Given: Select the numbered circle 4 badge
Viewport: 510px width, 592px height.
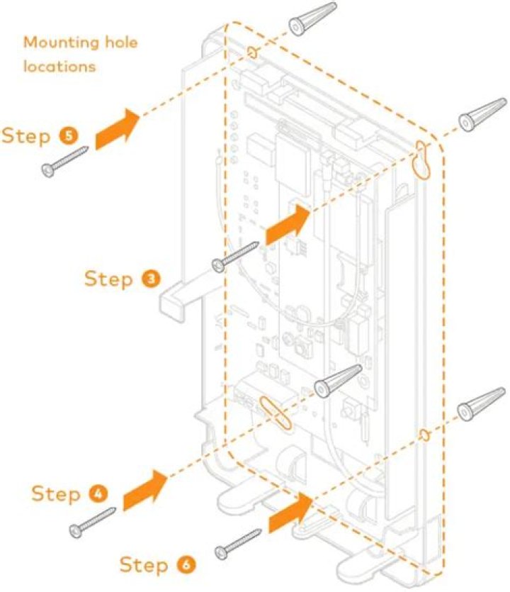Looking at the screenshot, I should point(97,493).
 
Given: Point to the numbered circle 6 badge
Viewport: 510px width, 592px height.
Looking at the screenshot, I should point(183,565).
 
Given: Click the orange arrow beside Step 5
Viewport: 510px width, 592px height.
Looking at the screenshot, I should point(118,128).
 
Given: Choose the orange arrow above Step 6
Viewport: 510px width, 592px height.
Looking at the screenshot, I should point(290,513).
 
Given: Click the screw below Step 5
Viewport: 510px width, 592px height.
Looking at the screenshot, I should point(64,160).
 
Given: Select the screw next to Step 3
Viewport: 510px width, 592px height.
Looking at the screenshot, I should point(236,256).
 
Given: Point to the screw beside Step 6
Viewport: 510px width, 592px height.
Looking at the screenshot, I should point(239,542).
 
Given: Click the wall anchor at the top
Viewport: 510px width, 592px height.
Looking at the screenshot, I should point(312,18).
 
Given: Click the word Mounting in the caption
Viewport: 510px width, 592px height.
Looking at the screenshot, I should point(59,43).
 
